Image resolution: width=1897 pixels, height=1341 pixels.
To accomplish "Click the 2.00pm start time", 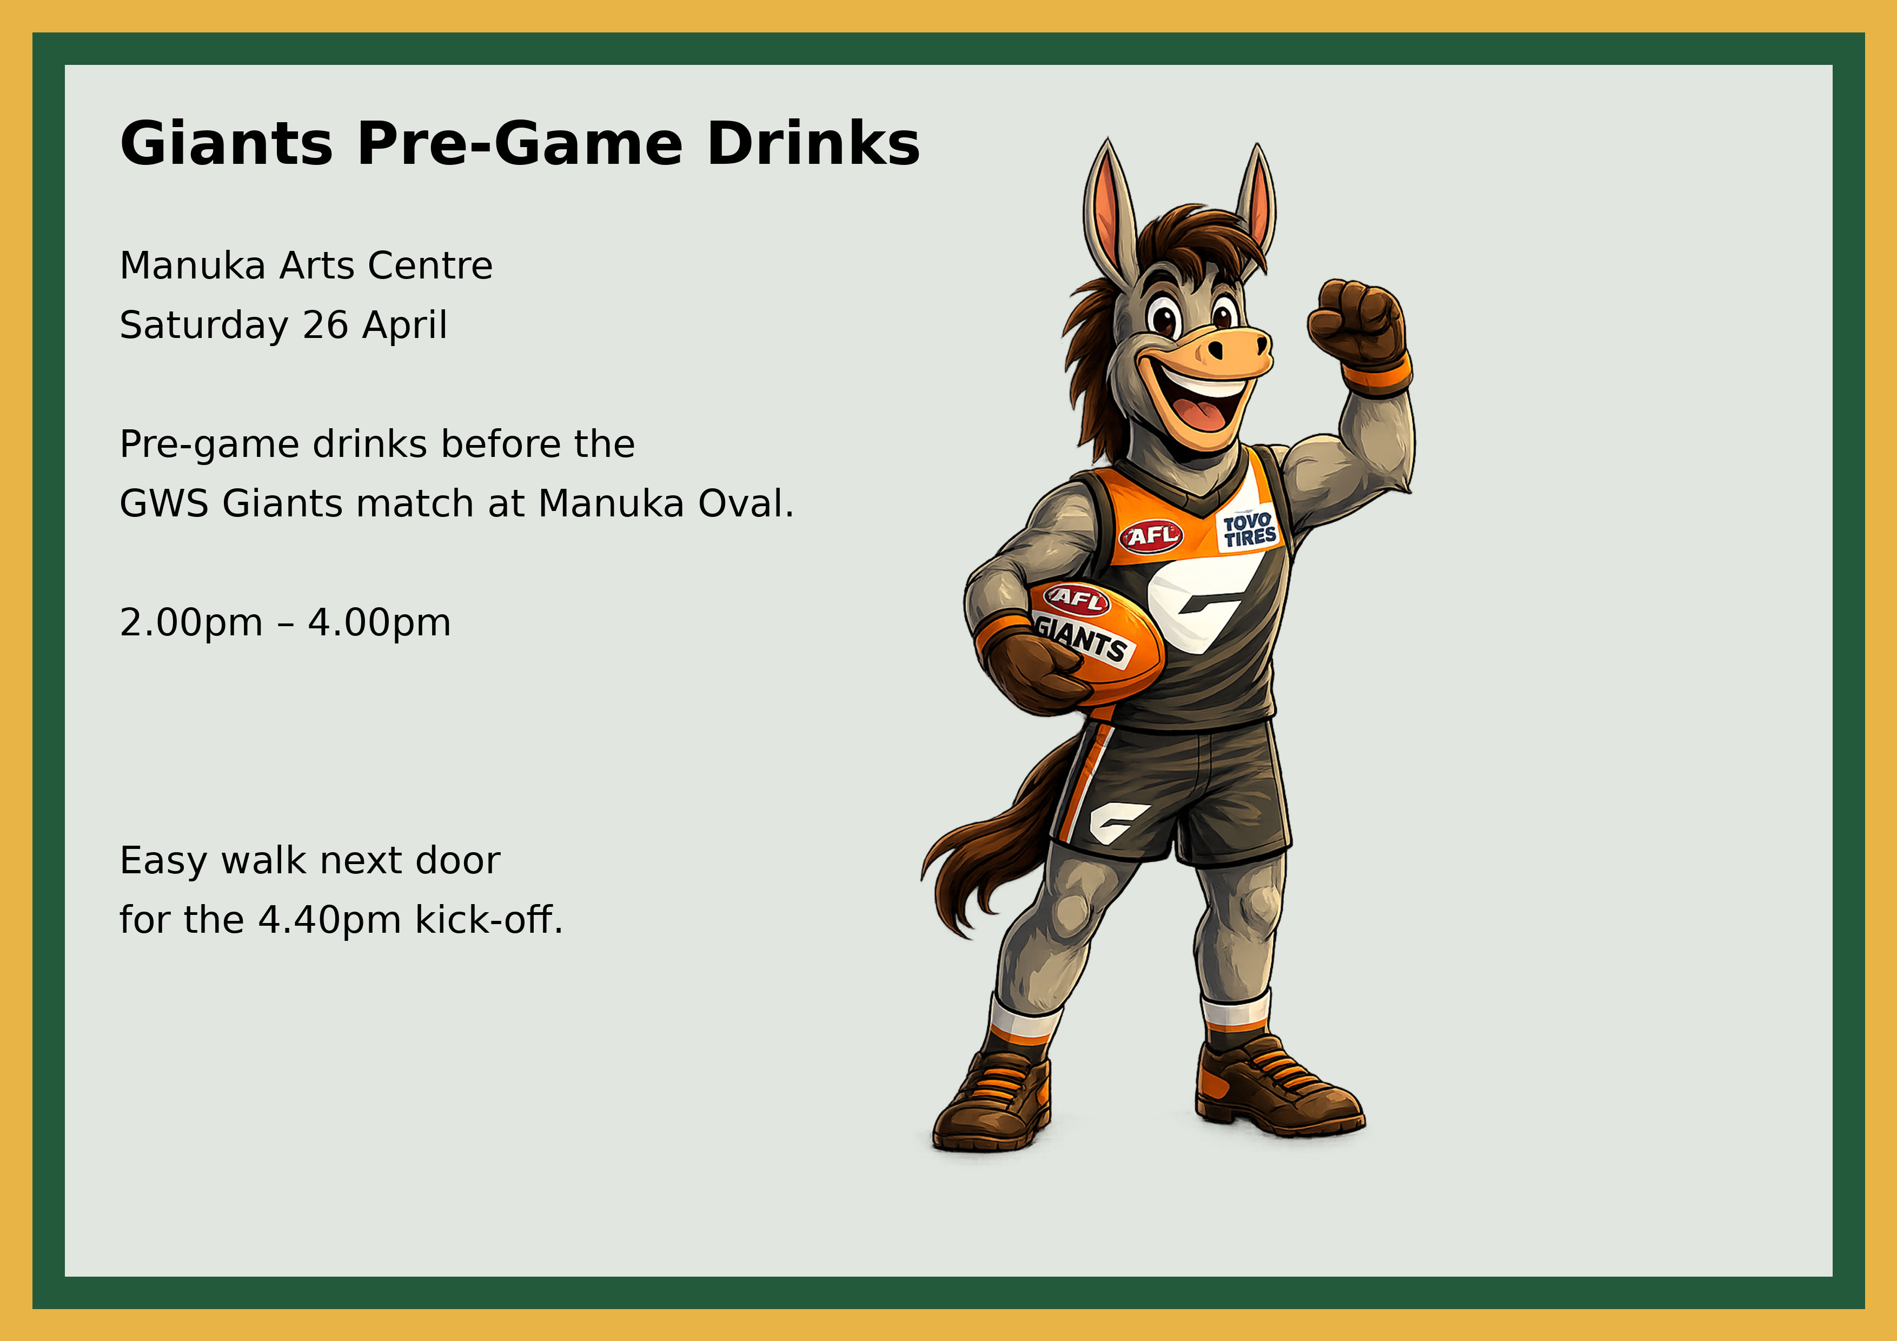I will tap(191, 623).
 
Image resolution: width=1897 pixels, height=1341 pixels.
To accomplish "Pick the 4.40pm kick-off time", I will tap(330, 920).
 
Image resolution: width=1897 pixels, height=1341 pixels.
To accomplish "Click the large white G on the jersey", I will tap(1198, 599).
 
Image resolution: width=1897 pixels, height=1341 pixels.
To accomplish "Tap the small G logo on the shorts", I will tap(1116, 821).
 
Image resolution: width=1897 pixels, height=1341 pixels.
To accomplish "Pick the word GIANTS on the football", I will tap(1083, 639).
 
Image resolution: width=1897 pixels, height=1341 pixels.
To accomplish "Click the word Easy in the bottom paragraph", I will tap(162, 861).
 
